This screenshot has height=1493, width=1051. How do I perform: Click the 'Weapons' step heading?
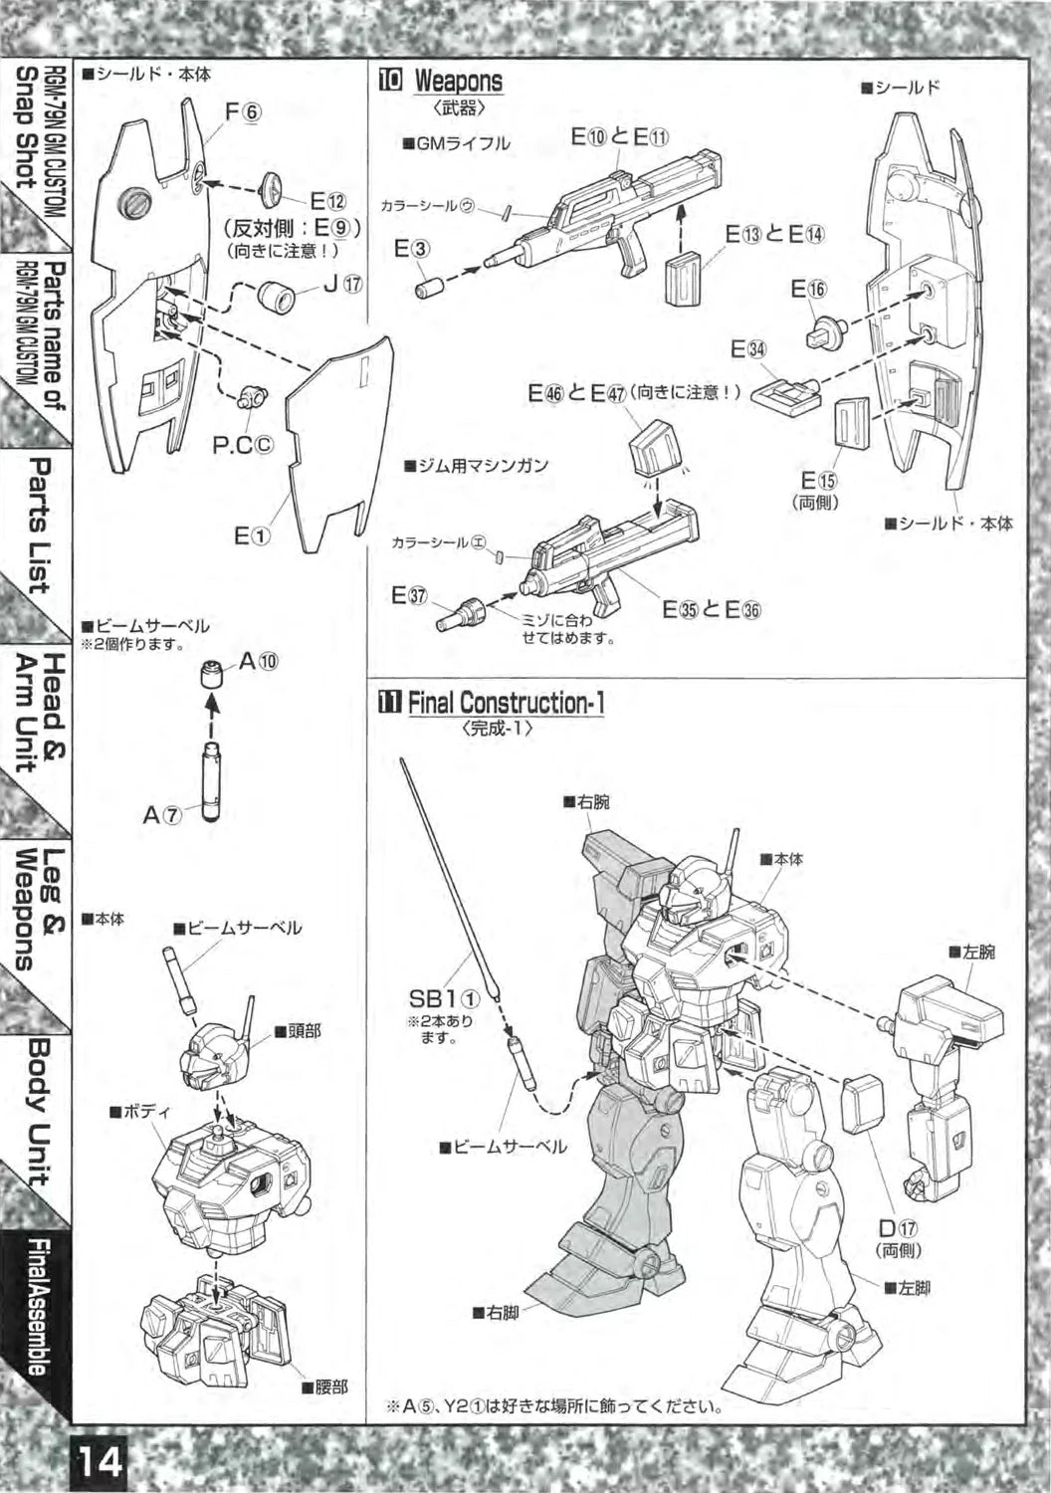click(x=458, y=81)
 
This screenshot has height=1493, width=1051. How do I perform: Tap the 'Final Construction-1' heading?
click(x=506, y=703)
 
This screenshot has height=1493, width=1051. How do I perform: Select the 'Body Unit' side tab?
click(x=38, y=1111)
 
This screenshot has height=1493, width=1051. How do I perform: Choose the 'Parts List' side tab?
click(x=38, y=525)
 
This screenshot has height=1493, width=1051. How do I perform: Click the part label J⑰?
click(x=342, y=283)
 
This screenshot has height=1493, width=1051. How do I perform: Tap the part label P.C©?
click(x=243, y=445)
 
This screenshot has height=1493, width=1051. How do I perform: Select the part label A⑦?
click(x=162, y=814)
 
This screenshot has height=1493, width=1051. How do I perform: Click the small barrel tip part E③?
click(x=431, y=287)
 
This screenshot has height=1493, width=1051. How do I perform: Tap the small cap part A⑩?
click(x=210, y=674)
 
